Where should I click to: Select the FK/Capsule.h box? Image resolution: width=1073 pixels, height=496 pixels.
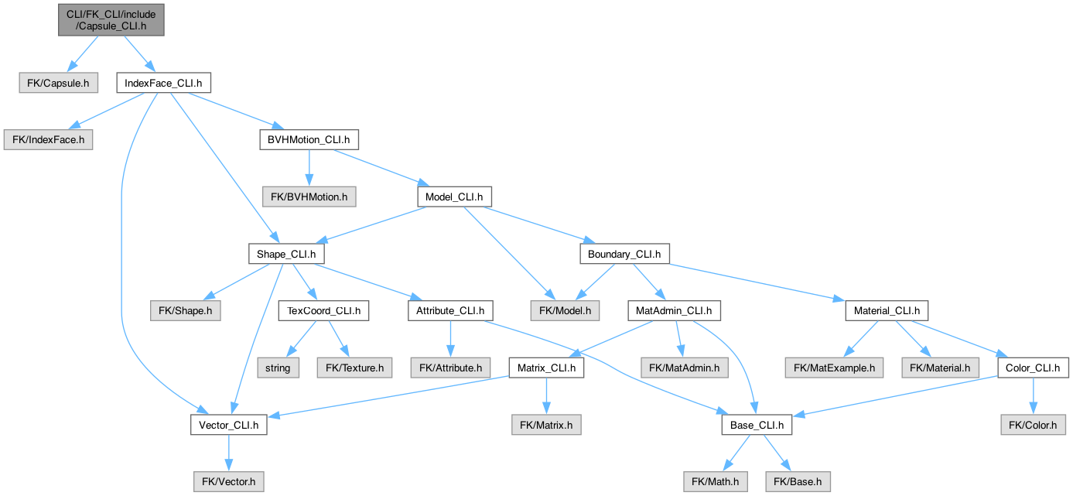click(59, 83)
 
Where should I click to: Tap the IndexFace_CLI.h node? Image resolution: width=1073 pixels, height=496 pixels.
click(162, 83)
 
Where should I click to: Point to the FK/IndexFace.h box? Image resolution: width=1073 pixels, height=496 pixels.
click(49, 140)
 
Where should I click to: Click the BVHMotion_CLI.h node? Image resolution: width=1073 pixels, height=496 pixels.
click(309, 140)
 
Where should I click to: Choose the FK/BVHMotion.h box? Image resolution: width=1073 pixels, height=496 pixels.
click(309, 197)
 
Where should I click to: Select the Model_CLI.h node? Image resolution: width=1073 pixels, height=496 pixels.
click(454, 197)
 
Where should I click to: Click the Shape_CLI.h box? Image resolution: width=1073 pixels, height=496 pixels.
click(286, 254)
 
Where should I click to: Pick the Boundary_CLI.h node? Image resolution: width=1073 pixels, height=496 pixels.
click(624, 254)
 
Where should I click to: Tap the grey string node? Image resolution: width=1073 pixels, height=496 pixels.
click(278, 368)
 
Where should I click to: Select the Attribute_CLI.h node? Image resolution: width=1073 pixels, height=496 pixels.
click(450, 311)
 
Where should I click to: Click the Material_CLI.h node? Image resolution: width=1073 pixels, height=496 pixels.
click(887, 311)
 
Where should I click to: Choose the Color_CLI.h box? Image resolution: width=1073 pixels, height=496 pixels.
click(1032, 368)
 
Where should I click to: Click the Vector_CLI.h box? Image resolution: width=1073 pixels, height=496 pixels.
click(228, 425)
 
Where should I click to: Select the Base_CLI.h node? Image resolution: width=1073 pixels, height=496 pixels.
click(757, 425)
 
